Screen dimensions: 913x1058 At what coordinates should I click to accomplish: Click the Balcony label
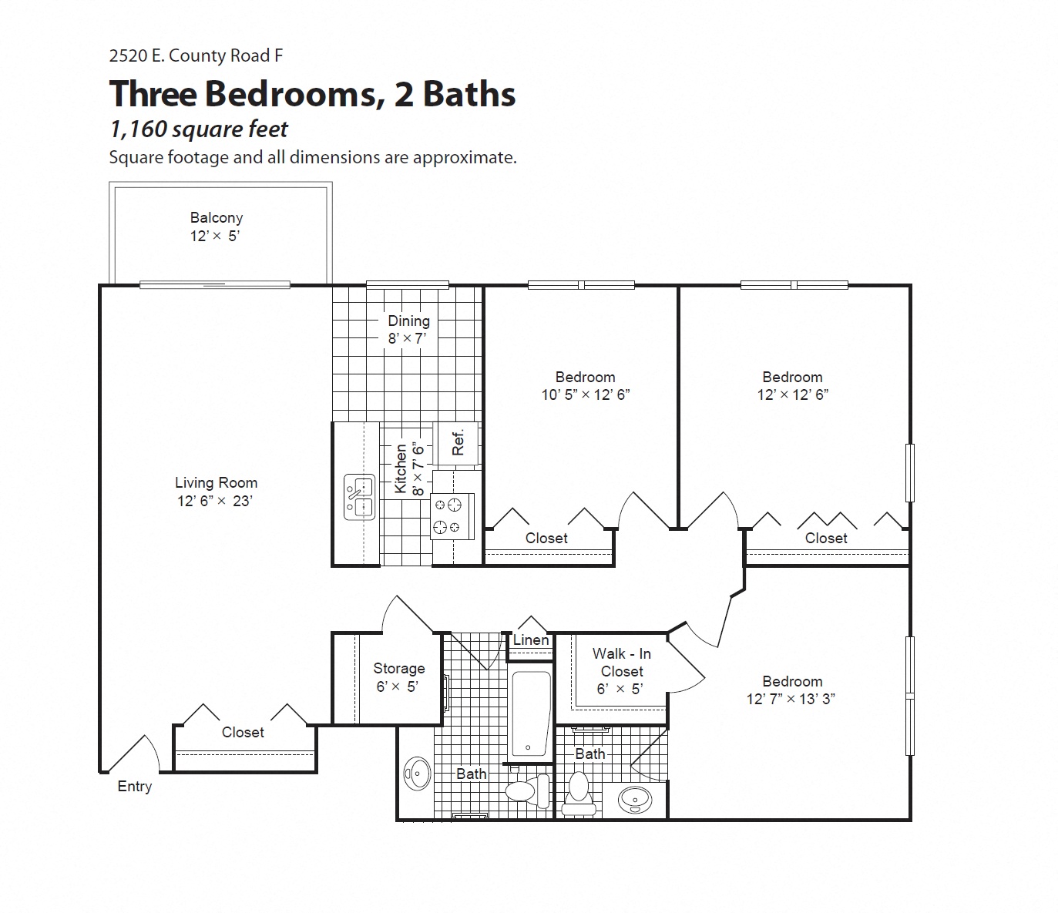216,218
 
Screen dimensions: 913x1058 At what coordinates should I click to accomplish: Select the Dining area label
408,321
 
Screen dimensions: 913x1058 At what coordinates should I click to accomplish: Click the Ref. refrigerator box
458,442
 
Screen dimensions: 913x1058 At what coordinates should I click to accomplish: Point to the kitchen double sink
359,497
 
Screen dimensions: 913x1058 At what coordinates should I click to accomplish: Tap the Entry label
134,787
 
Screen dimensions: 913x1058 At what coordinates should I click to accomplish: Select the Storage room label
398,669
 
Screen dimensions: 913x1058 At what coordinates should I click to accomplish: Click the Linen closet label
531,640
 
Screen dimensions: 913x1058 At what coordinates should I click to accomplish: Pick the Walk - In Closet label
621,663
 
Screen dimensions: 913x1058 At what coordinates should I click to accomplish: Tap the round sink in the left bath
418,773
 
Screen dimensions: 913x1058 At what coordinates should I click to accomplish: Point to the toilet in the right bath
578,791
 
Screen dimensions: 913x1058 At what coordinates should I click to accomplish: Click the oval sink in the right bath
636,800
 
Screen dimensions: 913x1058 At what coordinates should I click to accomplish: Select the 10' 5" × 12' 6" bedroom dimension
585,394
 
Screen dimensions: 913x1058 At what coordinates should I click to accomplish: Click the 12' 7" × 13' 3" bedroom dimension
791,699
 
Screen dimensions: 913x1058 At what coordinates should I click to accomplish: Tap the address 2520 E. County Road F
196,55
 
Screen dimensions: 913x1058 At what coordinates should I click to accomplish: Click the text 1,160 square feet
199,129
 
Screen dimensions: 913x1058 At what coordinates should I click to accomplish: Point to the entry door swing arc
139,751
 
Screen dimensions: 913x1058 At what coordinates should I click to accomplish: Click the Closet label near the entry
243,733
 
